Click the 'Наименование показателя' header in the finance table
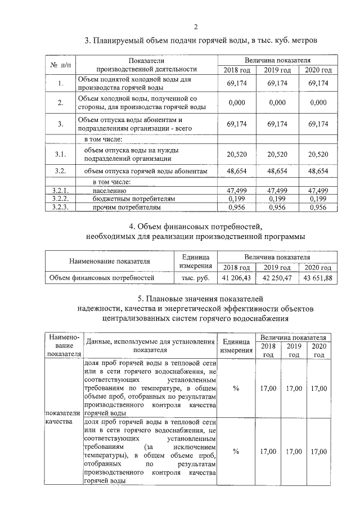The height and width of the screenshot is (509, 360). point(110,262)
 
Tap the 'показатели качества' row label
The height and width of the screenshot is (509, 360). point(64,417)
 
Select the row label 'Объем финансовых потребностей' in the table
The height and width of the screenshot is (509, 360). point(102,277)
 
